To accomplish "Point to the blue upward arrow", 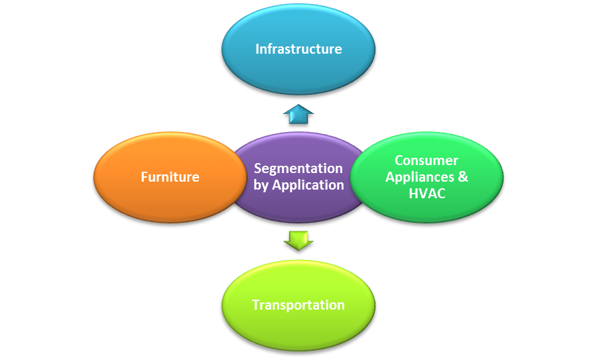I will [298, 114].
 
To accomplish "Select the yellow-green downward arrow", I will [298, 239].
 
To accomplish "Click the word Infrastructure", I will [298, 49].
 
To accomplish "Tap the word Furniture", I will [170, 177].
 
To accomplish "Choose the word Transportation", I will [298, 305].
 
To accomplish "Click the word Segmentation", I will [298, 168].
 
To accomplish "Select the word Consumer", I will [427, 160].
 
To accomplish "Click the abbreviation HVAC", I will [427, 194].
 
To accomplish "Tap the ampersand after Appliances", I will [463, 177].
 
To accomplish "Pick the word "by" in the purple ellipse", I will [261, 185].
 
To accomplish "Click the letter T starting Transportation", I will [256, 305].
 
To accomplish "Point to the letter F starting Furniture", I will [145, 177].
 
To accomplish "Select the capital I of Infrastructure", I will [257, 49].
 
